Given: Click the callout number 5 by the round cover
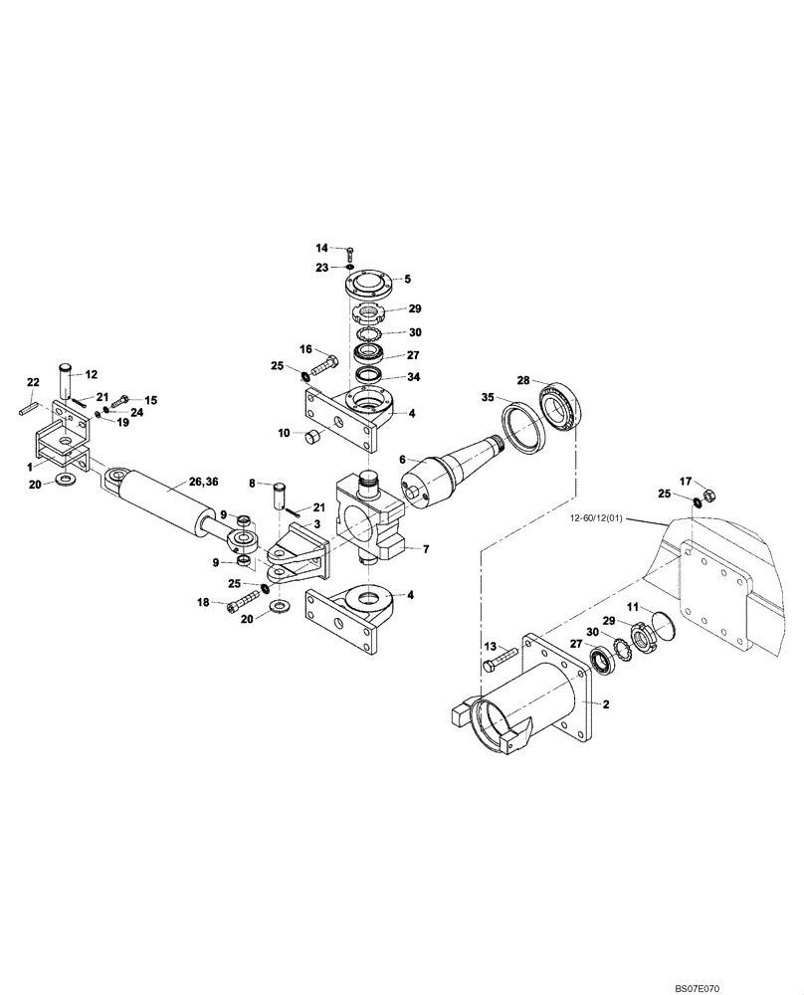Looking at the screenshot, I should [x=407, y=280].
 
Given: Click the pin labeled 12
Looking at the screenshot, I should [x=66, y=383].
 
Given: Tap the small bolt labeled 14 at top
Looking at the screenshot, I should [x=349, y=250].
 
